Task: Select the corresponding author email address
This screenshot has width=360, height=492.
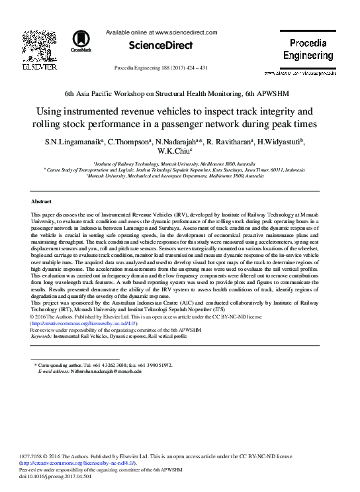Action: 104,371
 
